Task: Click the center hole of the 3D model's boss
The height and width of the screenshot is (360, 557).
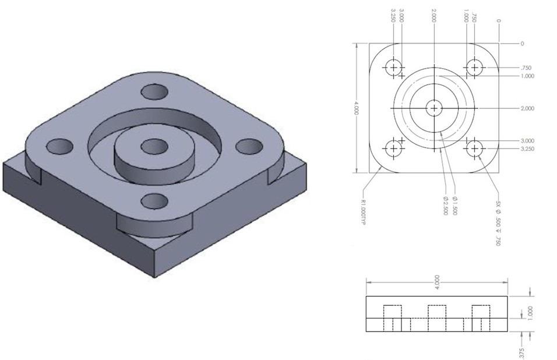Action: (x=153, y=146)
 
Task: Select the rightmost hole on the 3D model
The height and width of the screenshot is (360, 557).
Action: (x=248, y=146)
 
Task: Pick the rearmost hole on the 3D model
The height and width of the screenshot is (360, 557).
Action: (x=154, y=92)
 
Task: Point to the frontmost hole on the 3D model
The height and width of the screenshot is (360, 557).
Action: (x=154, y=200)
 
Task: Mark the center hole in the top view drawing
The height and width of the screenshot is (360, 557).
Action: (x=434, y=108)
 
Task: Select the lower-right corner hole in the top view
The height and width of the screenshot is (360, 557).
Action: (x=474, y=149)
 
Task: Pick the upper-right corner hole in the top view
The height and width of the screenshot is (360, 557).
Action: (x=474, y=68)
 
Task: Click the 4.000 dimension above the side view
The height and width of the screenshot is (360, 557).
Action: (x=437, y=281)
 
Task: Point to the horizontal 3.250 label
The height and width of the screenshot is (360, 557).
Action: (x=527, y=149)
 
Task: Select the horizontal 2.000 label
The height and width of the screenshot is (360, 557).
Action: (x=527, y=109)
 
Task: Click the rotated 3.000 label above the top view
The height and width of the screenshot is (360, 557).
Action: (x=403, y=15)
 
